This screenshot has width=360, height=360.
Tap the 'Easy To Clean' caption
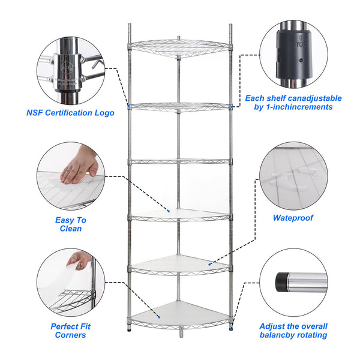pyautogui.click(x=70, y=224)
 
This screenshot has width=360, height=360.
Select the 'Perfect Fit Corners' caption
pyautogui.click(x=68, y=331)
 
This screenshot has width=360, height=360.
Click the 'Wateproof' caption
pyautogui.click(x=293, y=218)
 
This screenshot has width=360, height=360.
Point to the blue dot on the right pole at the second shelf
pyautogui.click(x=232, y=107)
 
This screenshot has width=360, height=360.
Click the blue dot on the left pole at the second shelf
pyautogui.click(x=128, y=107)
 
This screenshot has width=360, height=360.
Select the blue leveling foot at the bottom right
pyautogui.click(x=230, y=328)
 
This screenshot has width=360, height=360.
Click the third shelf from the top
pyautogui.click(x=180, y=161)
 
